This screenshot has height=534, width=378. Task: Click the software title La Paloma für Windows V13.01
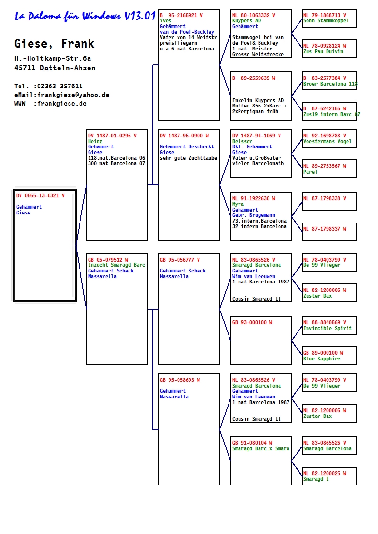(85, 16)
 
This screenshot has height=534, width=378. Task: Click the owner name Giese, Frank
(54, 44)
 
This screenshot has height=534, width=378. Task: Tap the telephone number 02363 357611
(60, 86)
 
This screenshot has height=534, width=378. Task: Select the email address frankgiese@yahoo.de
(73, 95)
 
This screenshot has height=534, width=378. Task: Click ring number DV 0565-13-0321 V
(40, 195)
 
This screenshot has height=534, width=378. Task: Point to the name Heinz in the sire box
(95, 141)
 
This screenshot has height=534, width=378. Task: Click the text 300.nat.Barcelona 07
(117, 163)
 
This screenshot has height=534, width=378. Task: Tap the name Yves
(166, 21)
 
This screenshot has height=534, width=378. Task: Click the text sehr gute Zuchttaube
(189, 158)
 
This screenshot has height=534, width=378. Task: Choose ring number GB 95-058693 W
(180, 380)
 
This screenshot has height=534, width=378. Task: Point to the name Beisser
(242, 141)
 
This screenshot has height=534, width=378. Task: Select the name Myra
(238, 204)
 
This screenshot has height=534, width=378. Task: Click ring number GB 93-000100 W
(252, 322)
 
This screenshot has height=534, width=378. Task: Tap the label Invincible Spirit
(328, 328)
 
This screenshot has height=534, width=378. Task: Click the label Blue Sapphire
(322, 359)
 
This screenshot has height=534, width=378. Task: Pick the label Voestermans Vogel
(327, 141)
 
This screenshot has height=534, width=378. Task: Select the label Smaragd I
(316, 479)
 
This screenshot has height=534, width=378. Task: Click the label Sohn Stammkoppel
(326, 21)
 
